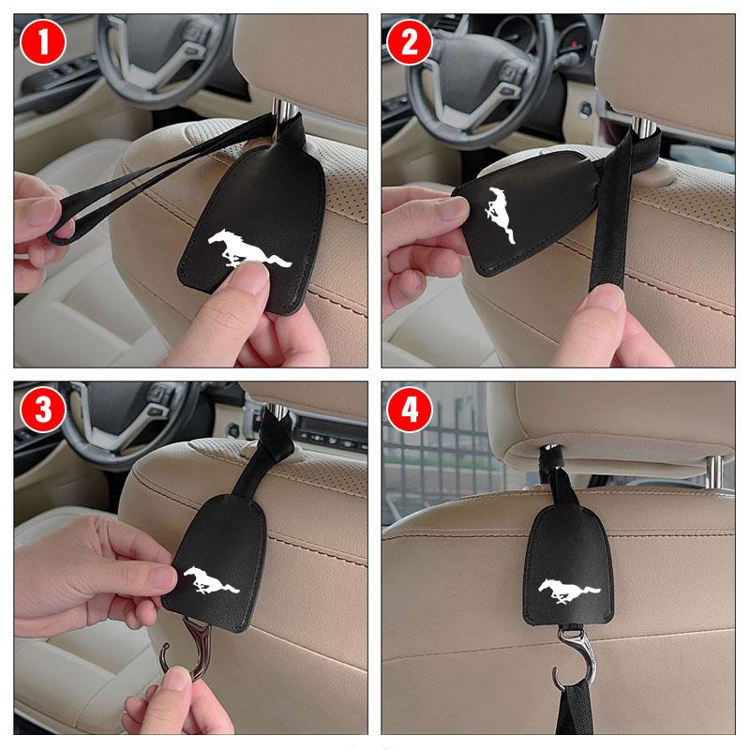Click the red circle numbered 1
pos(43,42)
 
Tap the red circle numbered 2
pos(410,42)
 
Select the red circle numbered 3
pos(43,410)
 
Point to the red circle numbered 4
pos(410,410)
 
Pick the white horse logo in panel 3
pos(211,579)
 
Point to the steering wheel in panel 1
pos(162,60)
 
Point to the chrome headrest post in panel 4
pos(715,472)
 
